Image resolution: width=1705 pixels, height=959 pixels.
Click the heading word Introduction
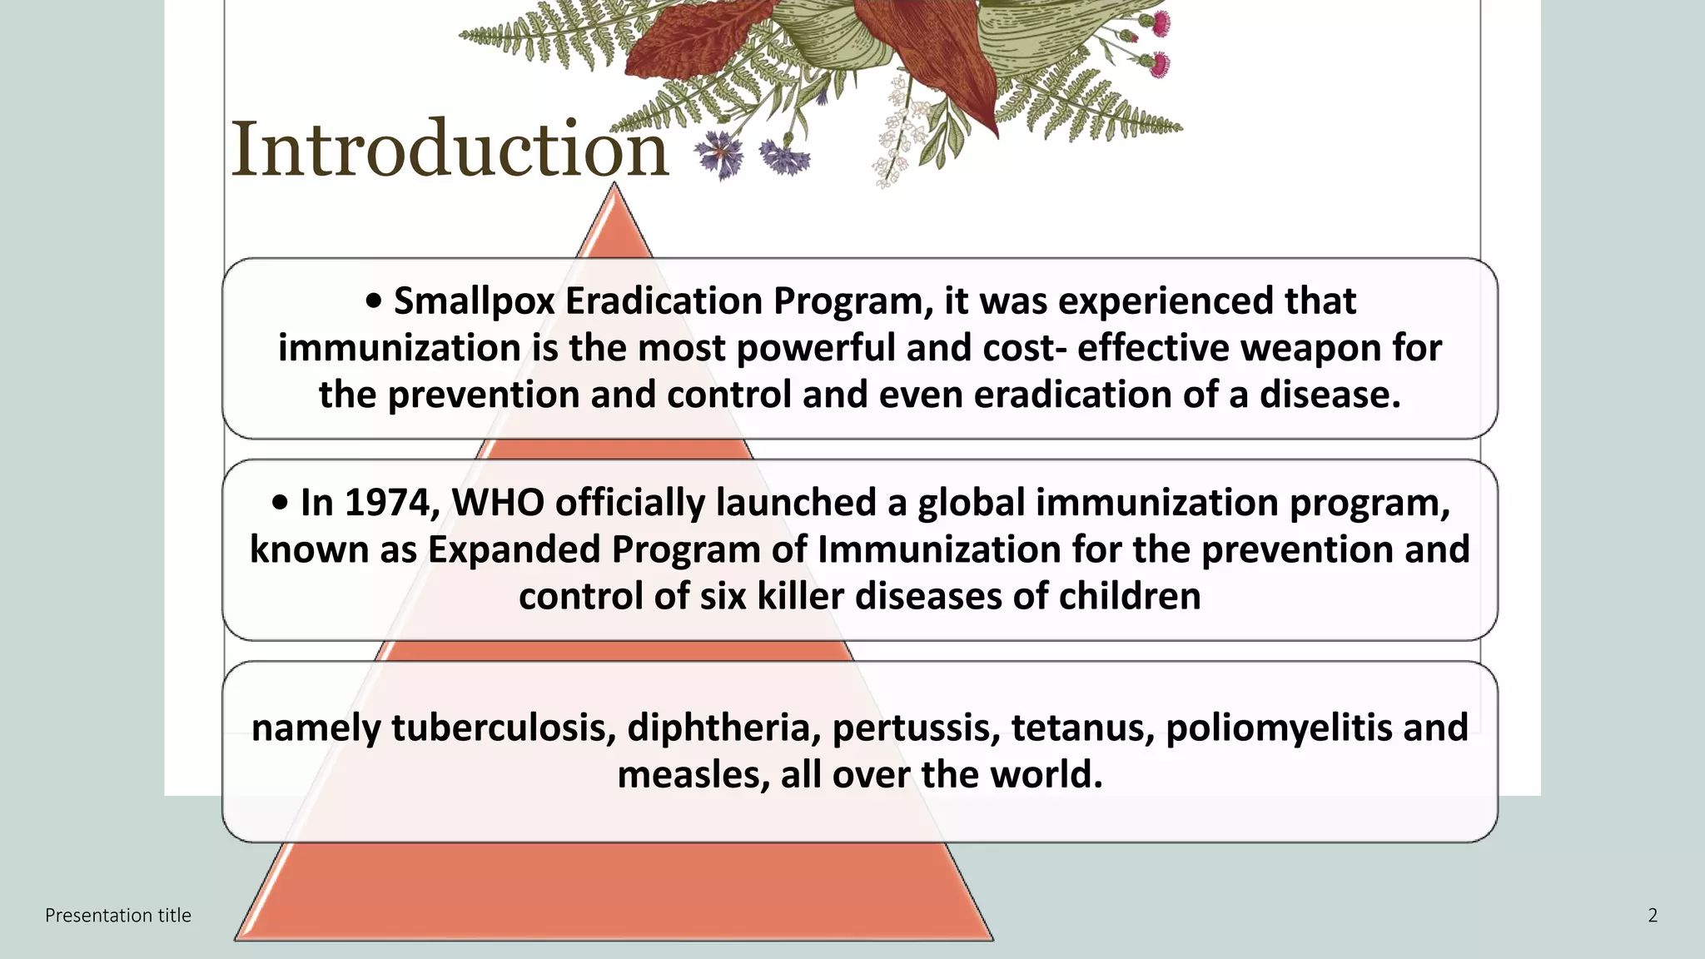(x=450, y=150)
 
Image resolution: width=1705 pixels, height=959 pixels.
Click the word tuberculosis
(x=504, y=728)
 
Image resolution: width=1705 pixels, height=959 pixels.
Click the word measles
(x=693, y=775)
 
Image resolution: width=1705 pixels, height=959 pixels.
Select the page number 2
(x=1653, y=916)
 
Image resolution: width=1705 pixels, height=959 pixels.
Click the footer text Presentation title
(x=118, y=916)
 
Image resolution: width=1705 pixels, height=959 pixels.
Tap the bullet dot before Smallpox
(x=374, y=302)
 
